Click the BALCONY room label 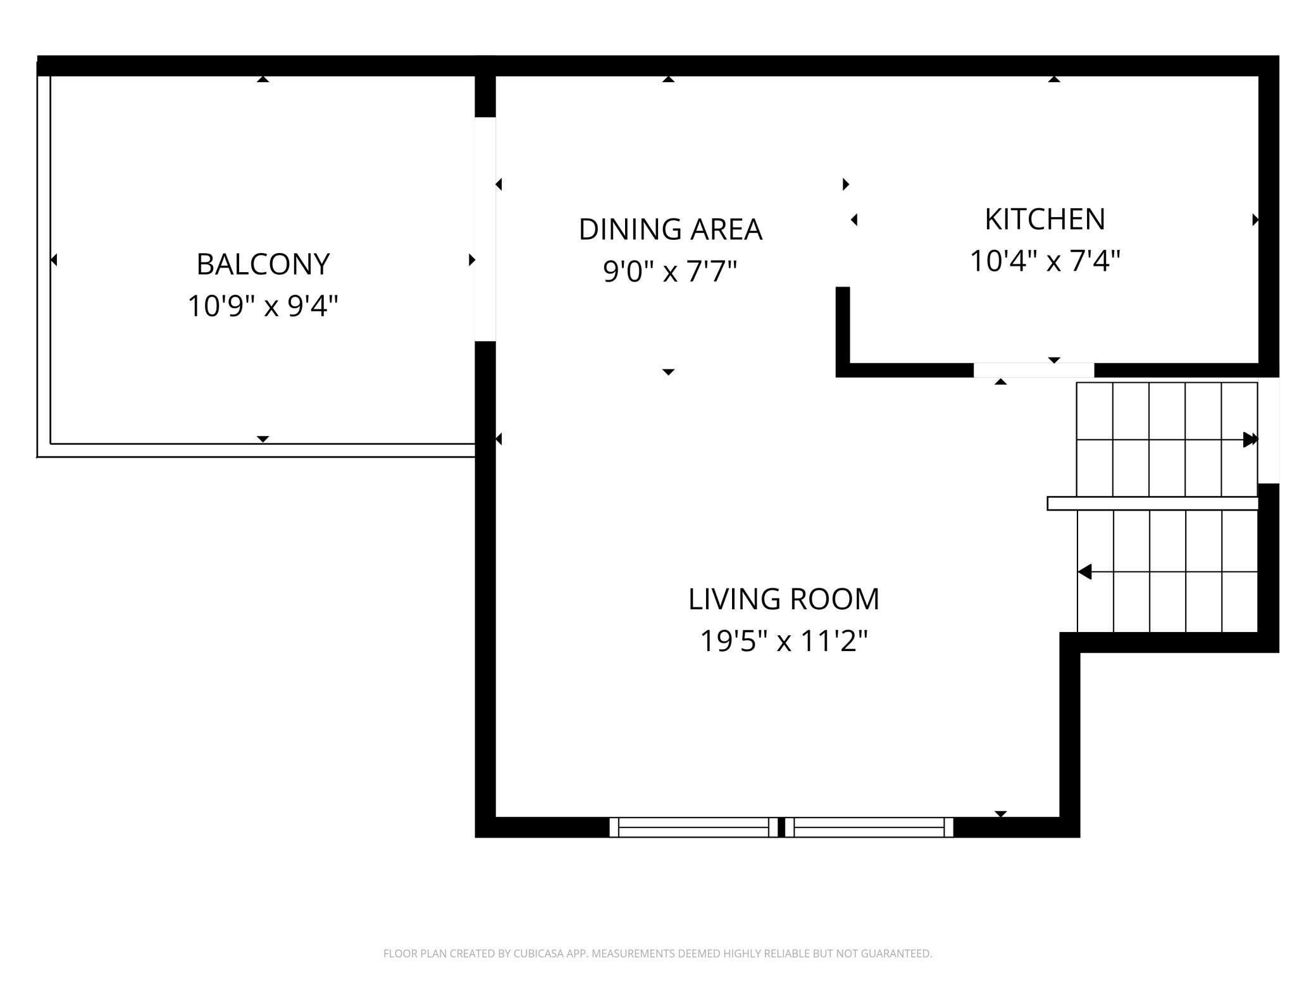point(263,264)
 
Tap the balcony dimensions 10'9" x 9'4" point(263,306)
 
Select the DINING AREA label point(670,229)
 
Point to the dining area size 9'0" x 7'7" point(670,271)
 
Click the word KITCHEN point(1045,220)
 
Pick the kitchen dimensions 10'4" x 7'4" point(1045,261)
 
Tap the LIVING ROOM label point(784,599)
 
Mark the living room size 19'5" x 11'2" point(784,641)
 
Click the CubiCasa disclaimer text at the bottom point(658,953)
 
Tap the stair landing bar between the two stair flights point(1152,503)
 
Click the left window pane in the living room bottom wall point(693,827)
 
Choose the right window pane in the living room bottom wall point(869,827)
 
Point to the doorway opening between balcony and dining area point(485,229)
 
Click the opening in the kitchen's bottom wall point(1034,370)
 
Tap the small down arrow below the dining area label point(669,372)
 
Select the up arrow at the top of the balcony point(263,79)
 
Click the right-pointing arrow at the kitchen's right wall point(1255,220)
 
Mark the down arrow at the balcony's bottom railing point(263,439)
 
